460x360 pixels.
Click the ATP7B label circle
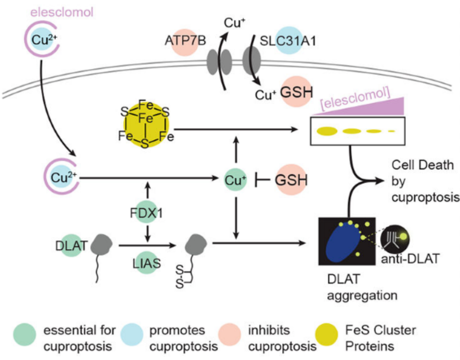184,42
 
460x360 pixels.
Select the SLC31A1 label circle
289,40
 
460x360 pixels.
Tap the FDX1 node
146,212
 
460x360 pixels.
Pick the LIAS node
146,263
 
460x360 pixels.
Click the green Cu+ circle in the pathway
235,180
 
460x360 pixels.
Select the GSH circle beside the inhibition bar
291,180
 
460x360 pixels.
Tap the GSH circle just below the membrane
296,92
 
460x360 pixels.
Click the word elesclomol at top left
62,13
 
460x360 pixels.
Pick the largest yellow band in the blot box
327,131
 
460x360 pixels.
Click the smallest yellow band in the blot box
391,131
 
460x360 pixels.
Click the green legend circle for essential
25,334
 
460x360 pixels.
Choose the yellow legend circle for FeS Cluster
326,334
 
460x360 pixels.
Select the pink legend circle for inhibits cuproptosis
230,334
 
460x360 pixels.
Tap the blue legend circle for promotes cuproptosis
132,334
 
